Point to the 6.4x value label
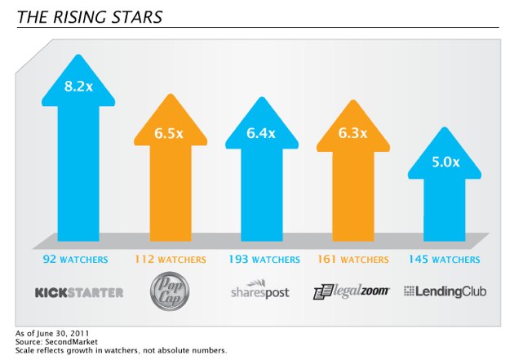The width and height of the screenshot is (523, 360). tap(261, 133)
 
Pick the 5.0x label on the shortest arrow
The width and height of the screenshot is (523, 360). tap(445, 162)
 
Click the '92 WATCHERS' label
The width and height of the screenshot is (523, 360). tap(78, 260)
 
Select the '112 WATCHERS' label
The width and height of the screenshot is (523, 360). tap(170, 260)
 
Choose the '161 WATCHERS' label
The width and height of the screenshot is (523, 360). tap(352, 260)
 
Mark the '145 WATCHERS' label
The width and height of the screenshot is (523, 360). tap(444, 260)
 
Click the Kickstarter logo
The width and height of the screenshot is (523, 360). tap(79, 291)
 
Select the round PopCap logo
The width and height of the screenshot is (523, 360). tap(170, 291)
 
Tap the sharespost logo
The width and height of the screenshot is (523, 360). tap(260, 291)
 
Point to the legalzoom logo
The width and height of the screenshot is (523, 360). tap(352, 291)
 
